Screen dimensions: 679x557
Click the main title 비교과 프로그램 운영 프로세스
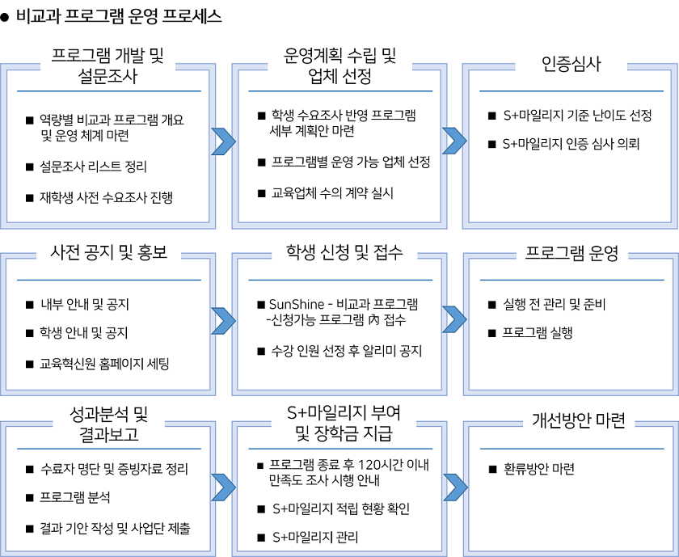[119, 16]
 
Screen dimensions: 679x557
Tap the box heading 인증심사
[571, 64]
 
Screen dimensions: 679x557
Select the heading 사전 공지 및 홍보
[108, 252]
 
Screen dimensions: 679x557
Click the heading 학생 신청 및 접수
[344, 252]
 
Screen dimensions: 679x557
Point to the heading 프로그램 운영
[571, 253]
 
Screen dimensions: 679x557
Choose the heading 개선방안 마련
[579, 420]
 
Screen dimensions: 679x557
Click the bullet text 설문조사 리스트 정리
[93, 167]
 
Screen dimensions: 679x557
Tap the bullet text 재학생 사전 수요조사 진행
[106, 197]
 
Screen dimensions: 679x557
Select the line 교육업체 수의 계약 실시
[332, 192]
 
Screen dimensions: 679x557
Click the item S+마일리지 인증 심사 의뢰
[571, 144]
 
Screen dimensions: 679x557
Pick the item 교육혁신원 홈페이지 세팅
[104, 364]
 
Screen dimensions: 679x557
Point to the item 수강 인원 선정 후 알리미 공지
[347, 350]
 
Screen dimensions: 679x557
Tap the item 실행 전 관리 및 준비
[555, 305]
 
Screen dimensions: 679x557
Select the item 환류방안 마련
[539, 469]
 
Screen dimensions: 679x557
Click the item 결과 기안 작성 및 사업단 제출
[115, 529]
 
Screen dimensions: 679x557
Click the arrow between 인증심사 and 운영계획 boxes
[454, 141]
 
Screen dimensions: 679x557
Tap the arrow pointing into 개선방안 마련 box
[456, 487]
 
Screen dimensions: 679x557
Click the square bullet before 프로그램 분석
[29, 498]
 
